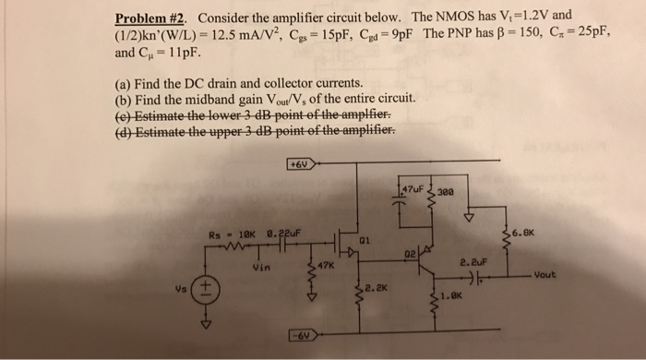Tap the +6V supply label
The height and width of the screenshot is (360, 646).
pyautogui.click(x=299, y=165)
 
